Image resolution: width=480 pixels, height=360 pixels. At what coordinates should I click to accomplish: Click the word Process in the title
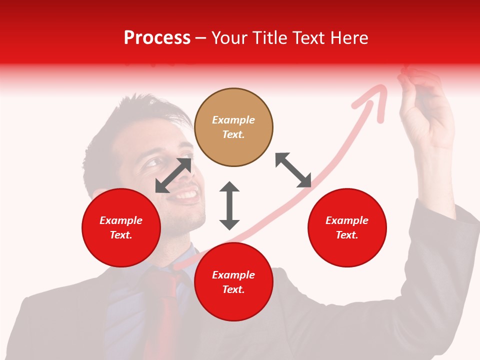click(x=157, y=38)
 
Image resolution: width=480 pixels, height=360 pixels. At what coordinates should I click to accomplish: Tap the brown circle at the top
click(x=233, y=127)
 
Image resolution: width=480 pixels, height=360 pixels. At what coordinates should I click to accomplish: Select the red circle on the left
click(x=121, y=227)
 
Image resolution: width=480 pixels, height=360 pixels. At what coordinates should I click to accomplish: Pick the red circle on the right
click(x=347, y=227)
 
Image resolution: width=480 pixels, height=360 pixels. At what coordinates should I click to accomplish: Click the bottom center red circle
click(x=233, y=282)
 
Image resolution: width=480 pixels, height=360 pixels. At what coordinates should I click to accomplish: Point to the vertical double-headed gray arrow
click(x=229, y=205)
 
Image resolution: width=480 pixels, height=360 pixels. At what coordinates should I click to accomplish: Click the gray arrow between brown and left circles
click(x=173, y=175)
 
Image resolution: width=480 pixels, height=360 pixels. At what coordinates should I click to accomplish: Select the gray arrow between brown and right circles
click(x=293, y=170)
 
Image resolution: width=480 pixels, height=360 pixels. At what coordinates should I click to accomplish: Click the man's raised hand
click(x=425, y=110)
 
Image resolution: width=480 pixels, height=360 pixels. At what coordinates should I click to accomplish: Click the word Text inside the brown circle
click(x=233, y=134)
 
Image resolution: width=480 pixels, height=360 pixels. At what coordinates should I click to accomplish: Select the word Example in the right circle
click(x=347, y=220)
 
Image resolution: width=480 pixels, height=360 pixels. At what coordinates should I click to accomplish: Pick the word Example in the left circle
click(x=121, y=220)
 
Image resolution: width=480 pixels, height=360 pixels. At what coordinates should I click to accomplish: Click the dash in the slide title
click(x=200, y=38)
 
